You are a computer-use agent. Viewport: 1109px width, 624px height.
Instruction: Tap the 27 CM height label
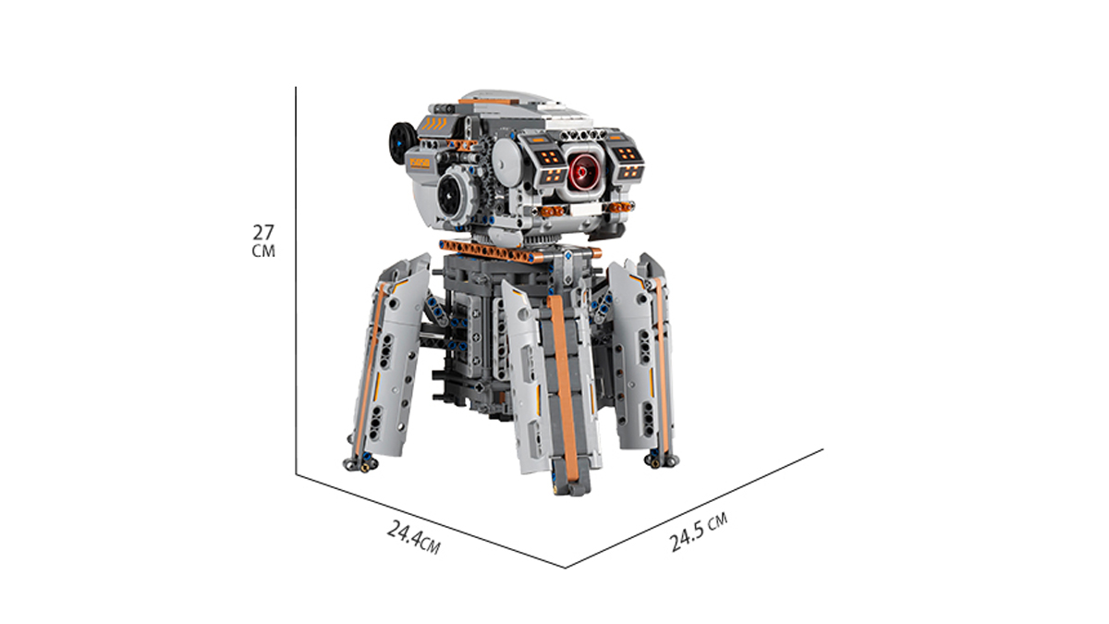coord(263,241)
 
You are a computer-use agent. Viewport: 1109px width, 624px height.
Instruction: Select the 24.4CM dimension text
coord(413,537)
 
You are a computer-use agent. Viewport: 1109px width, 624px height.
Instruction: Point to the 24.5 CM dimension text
coord(698,532)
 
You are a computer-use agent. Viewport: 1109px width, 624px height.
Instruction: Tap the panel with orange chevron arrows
coord(435,124)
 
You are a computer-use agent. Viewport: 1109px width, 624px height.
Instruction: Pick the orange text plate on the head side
coord(420,164)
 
